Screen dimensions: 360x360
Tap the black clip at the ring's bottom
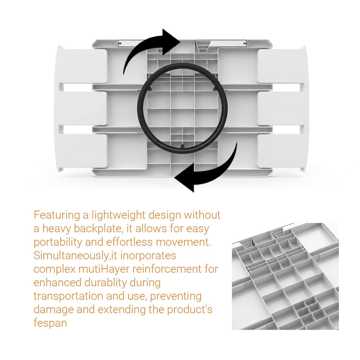pos(182,146)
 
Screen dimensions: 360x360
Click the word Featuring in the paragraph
pos(57,216)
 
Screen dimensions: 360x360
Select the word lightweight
pos(118,215)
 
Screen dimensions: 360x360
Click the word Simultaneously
pos(71,256)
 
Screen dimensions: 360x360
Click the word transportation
pos(69,296)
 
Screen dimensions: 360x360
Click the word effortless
pos(129,242)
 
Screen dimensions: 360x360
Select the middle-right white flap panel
pos(283,108)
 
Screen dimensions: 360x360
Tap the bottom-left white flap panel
pos(81,151)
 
